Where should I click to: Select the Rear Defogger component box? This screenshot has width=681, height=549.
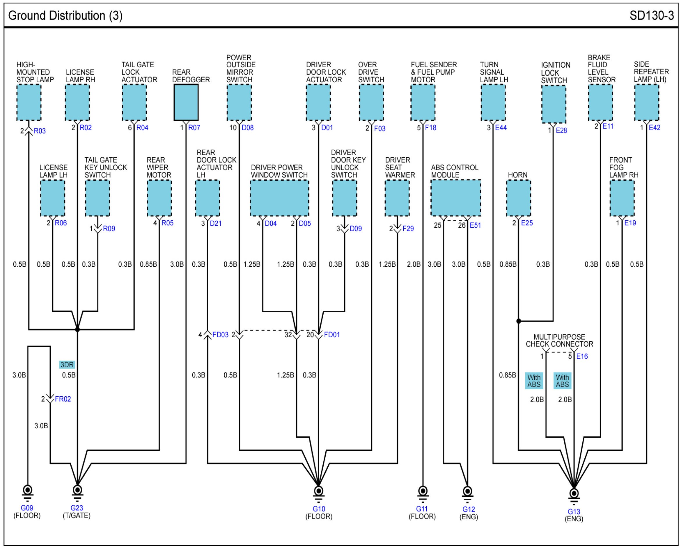click(186, 102)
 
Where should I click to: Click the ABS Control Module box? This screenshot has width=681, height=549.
click(456, 198)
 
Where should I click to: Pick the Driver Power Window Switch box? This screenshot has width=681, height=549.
click(279, 198)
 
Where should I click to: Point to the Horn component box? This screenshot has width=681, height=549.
click(518, 198)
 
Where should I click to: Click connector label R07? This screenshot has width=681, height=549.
click(194, 128)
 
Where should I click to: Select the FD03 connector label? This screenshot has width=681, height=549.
click(220, 335)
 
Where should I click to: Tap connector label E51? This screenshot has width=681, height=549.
click(475, 225)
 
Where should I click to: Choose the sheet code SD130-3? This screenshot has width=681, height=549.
click(652, 15)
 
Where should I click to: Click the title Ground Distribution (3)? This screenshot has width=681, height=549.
click(65, 15)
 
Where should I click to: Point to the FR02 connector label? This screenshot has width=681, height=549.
click(63, 399)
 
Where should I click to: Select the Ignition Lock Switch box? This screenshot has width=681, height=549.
click(554, 104)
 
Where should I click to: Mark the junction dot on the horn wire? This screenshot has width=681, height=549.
click(518, 321)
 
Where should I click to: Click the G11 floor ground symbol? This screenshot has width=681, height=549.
click(423, 494)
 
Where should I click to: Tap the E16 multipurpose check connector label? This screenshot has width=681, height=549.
click(582, 357)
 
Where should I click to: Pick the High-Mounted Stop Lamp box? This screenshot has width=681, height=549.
click(29, 102)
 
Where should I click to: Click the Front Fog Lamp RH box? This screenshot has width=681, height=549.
click(622, 198)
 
